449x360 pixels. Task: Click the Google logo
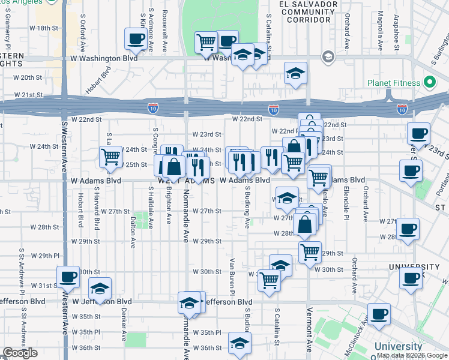click(20, 353)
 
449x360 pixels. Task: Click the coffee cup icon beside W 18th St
click(135, 40)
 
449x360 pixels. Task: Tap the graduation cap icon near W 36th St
click(240, 343)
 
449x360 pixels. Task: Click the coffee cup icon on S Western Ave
click(68, 277)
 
